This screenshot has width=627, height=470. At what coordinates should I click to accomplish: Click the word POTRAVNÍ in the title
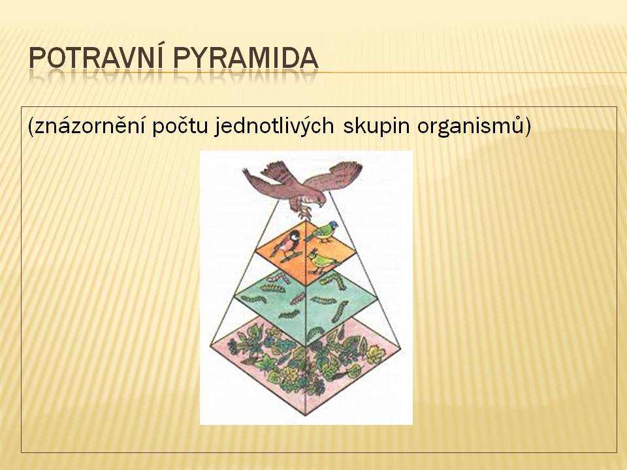click(95, 57)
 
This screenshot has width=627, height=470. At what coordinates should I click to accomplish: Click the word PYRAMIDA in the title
click(246, 58)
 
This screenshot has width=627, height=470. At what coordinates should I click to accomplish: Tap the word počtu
click(180, 127)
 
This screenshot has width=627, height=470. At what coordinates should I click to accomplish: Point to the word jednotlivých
click(274, 127)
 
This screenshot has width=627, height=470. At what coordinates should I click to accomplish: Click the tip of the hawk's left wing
click(244, 170)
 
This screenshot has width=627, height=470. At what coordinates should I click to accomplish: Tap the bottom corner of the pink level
click(306, 414)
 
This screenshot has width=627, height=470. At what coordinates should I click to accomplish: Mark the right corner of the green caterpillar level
click(378, 296)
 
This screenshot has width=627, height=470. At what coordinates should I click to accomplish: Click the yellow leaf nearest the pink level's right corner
click(376, 354)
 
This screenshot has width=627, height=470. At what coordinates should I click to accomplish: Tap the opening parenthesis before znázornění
click(31, 127)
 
